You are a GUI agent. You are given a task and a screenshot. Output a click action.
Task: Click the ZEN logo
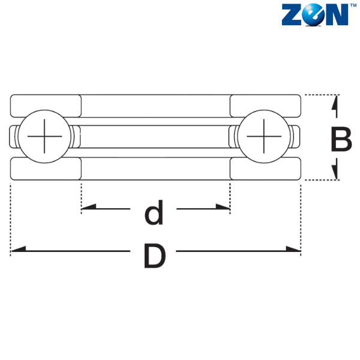(319, 14)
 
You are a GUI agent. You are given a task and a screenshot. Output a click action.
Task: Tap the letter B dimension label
(341, 139)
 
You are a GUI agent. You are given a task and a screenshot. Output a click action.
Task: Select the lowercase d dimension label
(154, 212)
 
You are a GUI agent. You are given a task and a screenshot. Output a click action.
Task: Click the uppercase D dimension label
(155, 256)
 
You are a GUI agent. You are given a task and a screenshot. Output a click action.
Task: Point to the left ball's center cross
(44, 136)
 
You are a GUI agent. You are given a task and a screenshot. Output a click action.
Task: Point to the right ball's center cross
(264, 136)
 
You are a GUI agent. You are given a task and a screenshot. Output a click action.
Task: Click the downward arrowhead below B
(335, 169)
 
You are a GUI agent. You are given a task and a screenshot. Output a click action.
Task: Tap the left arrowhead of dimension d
(89, 206)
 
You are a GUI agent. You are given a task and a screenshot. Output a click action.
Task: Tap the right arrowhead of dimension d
(223, 206)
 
